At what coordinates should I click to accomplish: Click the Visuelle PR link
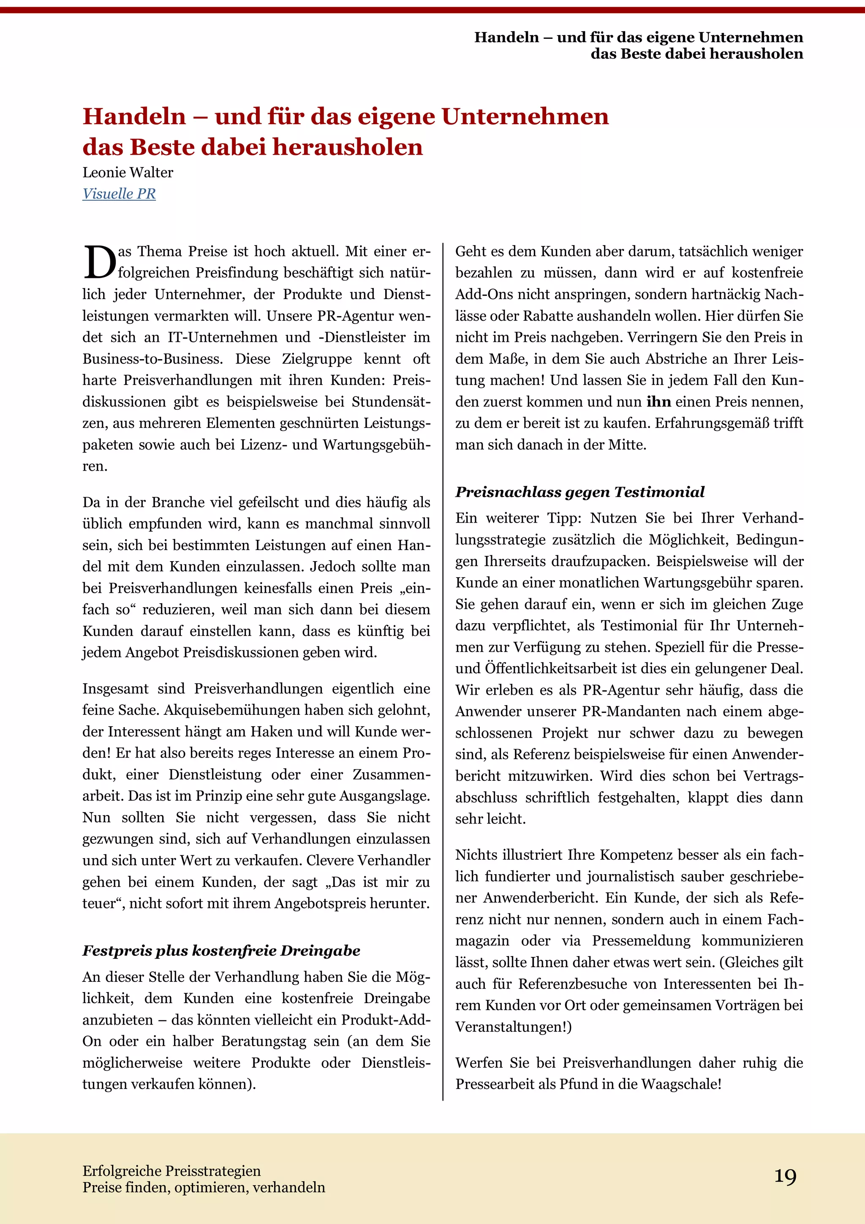(119, 194)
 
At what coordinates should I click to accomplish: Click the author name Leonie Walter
(128, 173)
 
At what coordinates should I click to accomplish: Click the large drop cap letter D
(99, 263)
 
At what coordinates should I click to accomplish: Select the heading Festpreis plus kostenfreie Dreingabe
(221, 951)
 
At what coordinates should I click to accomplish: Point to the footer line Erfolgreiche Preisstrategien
(171, 1171)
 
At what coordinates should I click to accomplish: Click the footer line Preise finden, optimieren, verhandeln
(204, 1187)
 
